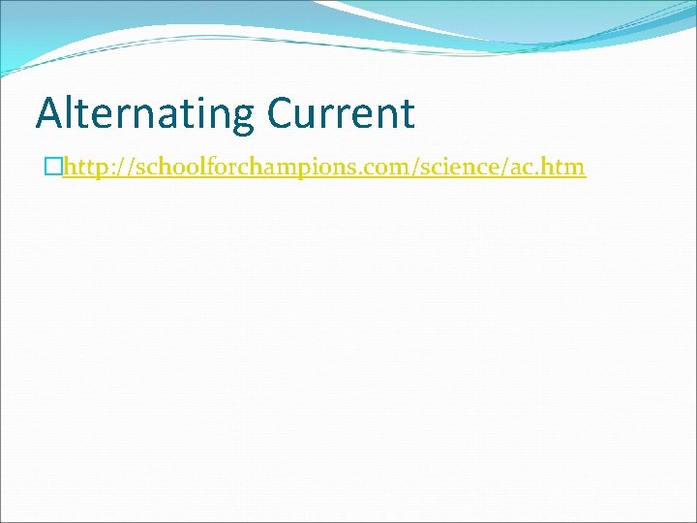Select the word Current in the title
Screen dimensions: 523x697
(341, 114)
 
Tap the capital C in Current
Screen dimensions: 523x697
(282, 114)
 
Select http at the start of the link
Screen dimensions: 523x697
(81, 168)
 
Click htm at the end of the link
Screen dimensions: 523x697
(566, 168)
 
